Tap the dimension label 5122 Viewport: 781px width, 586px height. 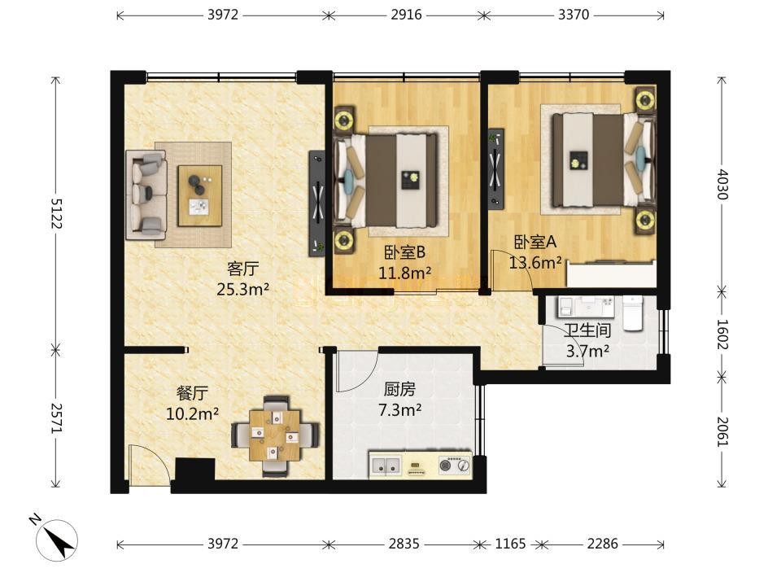(x=55, y=213)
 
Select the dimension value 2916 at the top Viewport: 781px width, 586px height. (x=406, y=15)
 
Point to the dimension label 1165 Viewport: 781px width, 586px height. (x=510, y=544)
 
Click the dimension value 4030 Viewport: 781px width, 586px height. (x=722, y=185)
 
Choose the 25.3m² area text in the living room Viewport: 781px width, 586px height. (x=243, y=288)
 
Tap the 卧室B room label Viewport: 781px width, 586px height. (x=404, y=252)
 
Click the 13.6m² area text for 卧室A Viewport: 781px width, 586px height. (x=535, y=262)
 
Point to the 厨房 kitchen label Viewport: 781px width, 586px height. (x=399, y=389)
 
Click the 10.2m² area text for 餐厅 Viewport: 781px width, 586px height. (x=192, y=413)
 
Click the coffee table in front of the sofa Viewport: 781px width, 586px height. (x=200, y=196)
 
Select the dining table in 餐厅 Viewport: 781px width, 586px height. (x=276, y=435)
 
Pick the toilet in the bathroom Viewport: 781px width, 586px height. (x=634, y=313)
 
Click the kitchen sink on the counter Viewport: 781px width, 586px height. (x=386, y=466)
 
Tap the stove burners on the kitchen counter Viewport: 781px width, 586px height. (x=454, y=466)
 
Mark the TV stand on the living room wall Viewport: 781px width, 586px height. (x=316, y=203)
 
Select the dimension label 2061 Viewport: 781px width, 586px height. (x=722, y=431)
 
